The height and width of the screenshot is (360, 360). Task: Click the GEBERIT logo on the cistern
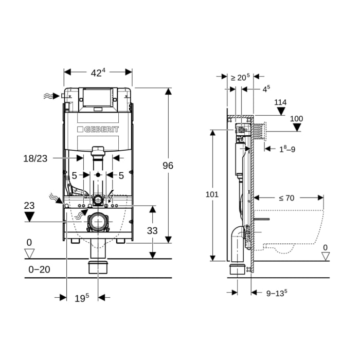point(98,130)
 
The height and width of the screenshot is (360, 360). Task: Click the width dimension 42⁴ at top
point(97,73)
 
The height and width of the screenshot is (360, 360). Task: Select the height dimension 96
point(168,166)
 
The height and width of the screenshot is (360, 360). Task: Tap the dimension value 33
point(152,231)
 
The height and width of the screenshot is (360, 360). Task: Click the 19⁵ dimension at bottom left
point(82,297)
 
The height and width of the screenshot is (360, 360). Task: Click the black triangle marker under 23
point(29,217)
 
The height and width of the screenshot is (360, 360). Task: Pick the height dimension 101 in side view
point(212,194)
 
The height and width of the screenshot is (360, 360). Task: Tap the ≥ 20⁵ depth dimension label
point(240,78)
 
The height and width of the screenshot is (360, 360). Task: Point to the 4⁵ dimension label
point(266,89)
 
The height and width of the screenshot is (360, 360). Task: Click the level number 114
point(280,102)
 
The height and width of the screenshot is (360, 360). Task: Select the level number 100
point(296,119)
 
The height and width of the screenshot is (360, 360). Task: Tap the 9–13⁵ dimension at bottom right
point(277,293)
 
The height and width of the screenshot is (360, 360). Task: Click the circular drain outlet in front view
point(97,222)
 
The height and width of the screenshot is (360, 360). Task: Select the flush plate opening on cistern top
point(97,98)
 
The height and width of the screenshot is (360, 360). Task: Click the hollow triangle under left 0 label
point(29,253)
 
